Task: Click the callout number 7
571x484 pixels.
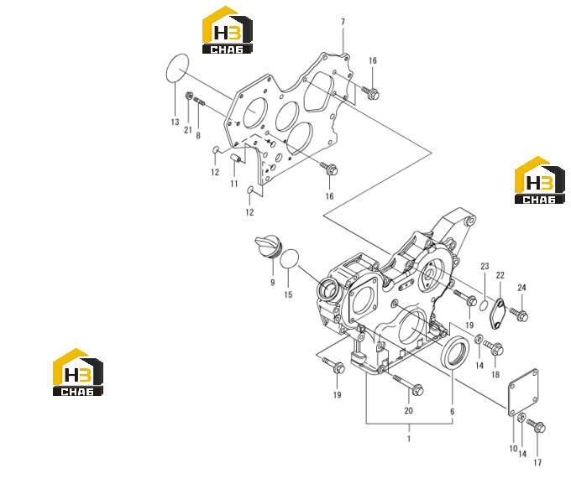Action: pyautogui.click(x=343, y=22)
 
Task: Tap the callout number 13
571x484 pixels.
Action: pyautogui.click(x=175, y=122)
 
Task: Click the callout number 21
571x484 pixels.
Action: pyautogui.click(x=188, y=130)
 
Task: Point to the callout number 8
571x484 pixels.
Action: pyautogui.click(x=198, y=136)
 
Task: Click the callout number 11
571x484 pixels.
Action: pyautogui.click(x=234, y=184)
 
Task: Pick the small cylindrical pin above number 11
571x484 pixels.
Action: pyautogui.click(x=235, y=159)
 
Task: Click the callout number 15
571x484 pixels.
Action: pyautogui.click(x=288, y=294)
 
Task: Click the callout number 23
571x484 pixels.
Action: pyautogui.click(x=485, y=267)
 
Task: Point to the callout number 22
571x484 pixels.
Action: pyautogui.click(x=500, y=275)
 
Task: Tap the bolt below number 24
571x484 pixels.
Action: pyautogui.click(x=519, y=315)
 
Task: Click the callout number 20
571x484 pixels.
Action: pyautogui.click(x=408, y=410)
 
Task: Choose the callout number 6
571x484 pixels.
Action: pyautogui.click(x=453, y=412)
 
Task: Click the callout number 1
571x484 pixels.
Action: pyautogui.click(x=409, y=439)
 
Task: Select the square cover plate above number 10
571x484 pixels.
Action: pyautogui.click(x=523, y=393)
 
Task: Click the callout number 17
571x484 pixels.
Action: pyautogui.click(x=537, y=463)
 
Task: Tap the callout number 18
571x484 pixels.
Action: pyautogui.click(x=495, y=374)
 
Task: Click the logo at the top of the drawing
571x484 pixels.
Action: pyautogui.click(x=228, y=30)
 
